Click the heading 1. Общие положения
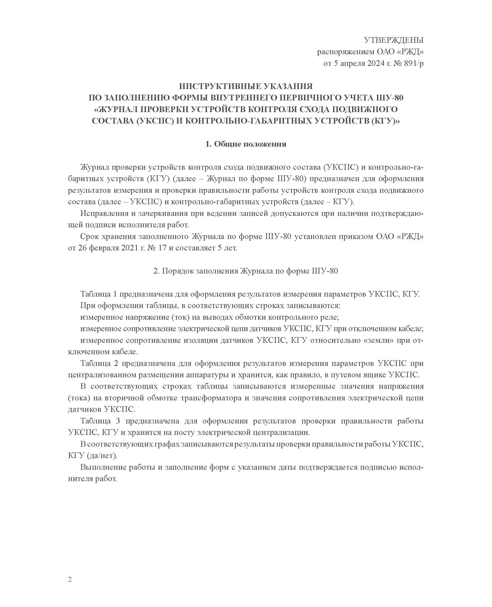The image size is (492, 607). (x=246, y=144)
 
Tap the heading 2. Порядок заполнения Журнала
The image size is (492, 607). (x=246, y=271)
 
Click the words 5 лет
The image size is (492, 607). (x=227, y=248)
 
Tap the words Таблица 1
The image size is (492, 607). (x=99, y=294)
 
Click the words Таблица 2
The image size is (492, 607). (x=99, y=364)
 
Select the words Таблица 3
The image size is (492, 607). (x=99, y=421)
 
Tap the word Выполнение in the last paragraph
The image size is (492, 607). (x=103, y=467)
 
